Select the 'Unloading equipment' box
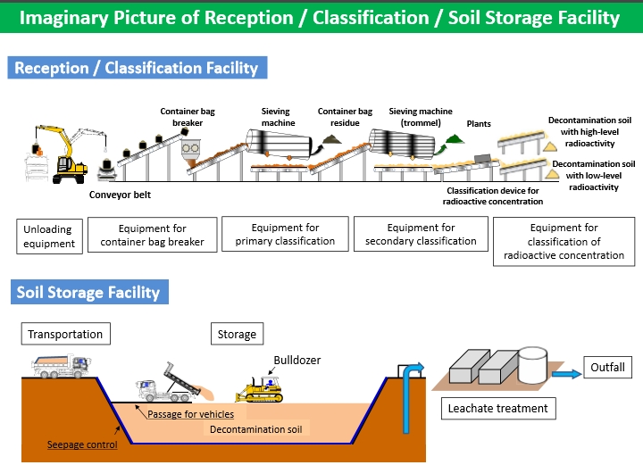coord(50,236)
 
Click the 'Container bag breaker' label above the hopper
coord(188,117)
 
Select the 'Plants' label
coord(479,124)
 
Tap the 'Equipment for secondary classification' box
coord(421,235)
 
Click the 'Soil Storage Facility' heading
coord(88,292)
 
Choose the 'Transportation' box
coord(65,335)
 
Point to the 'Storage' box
coord(237,335)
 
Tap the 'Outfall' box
coord(608,367)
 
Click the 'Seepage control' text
coord(82,444)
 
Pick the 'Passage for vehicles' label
coord(191,414)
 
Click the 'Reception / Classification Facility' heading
coord(137,68)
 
